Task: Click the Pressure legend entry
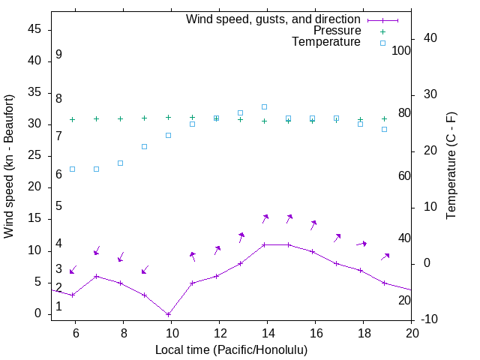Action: coord(337,31)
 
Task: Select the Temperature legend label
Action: coord(326,43)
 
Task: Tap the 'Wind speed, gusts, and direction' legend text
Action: coord(274,19)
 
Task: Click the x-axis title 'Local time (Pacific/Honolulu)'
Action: coord(231,349)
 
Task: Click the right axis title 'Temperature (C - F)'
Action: coord(451,166)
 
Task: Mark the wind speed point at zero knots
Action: coord(168,314)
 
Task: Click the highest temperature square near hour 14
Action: coord(264,106)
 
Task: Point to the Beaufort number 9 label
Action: coord(58,55)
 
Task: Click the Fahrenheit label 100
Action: coord(402,50)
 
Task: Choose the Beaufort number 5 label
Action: coord(58,206)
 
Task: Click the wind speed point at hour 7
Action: coord(96,276)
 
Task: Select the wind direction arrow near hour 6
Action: coord(73,270)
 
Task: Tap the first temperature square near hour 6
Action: coord(72,169)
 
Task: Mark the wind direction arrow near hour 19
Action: coord(385,256)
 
